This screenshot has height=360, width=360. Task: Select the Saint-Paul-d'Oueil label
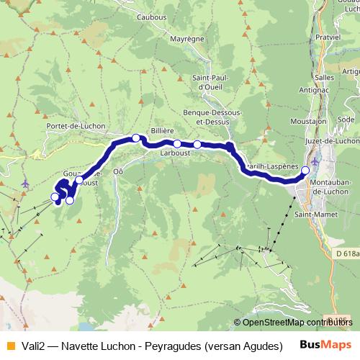[210, 82]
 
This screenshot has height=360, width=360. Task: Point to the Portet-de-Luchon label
[76, 126]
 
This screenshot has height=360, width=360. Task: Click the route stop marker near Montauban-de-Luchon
[305, 171]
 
